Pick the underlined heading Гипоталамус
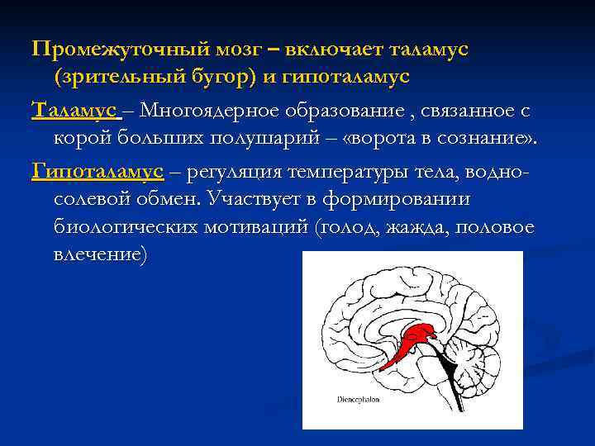click(x=97, y=172)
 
